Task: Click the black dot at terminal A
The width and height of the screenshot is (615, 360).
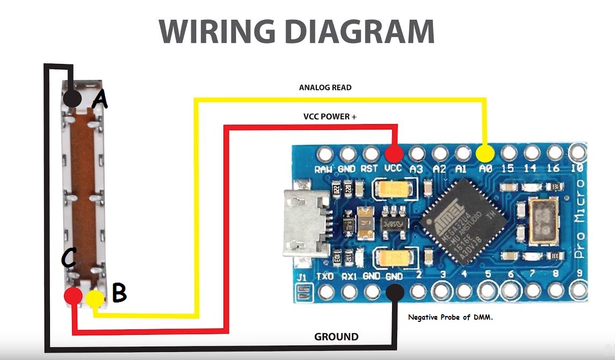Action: pyautogui.click(x=73, y=98)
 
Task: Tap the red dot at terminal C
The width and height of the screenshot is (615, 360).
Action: pyautogui.click(x=73, y=296)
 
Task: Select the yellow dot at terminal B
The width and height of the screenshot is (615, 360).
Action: pyautogui.click(x=95, y=299)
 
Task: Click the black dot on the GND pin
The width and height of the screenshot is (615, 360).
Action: pyautogui.click(x=395, y=292)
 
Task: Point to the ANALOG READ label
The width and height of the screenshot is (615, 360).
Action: pyautogui.click(x=325, y=87)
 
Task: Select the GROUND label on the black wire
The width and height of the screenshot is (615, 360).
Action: pyautogui.click(x=336, y=337)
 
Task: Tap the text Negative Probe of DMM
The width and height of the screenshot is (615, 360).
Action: pyautogui.click(x=450, y=318)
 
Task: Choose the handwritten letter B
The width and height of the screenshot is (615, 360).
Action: pyautogui.click(x=119, y=293)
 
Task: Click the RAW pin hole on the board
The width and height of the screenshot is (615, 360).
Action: pyautogui.click(x=325, y=155)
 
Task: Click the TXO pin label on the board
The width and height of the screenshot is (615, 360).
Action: pyautogui.click(x=325, y=277)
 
